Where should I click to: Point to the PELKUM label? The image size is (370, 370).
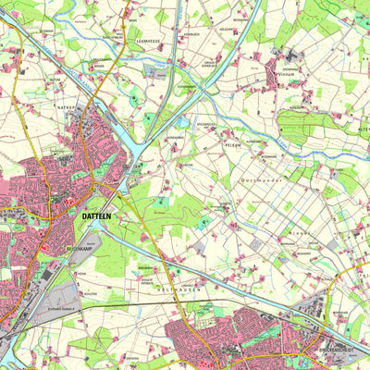[x=233, y=145]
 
